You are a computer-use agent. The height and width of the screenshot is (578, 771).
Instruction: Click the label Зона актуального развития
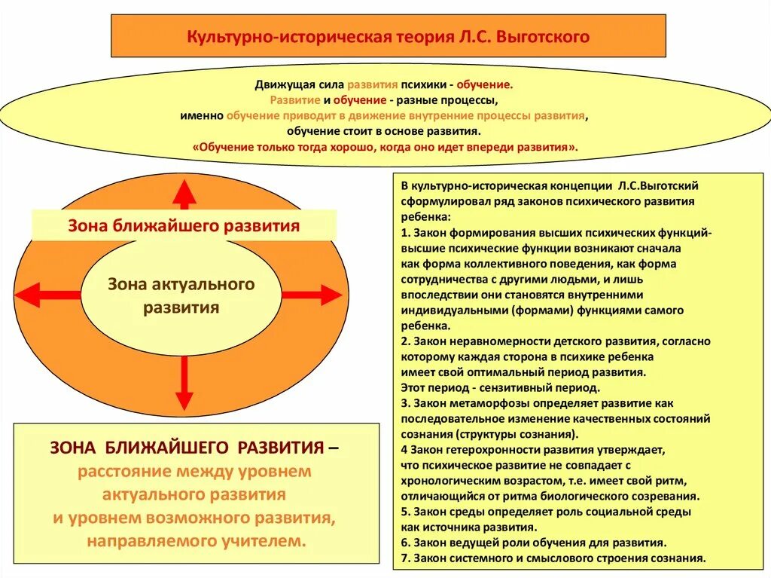[x=181, y=295]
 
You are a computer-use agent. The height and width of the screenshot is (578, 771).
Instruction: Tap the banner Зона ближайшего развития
[x=184, y=225]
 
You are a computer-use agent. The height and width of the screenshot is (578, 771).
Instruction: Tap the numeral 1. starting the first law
[x=405, y=233]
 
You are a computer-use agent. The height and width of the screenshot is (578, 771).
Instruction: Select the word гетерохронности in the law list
[x=491, y=450]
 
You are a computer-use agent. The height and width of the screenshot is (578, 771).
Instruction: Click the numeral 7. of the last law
[x=405, y=558]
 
